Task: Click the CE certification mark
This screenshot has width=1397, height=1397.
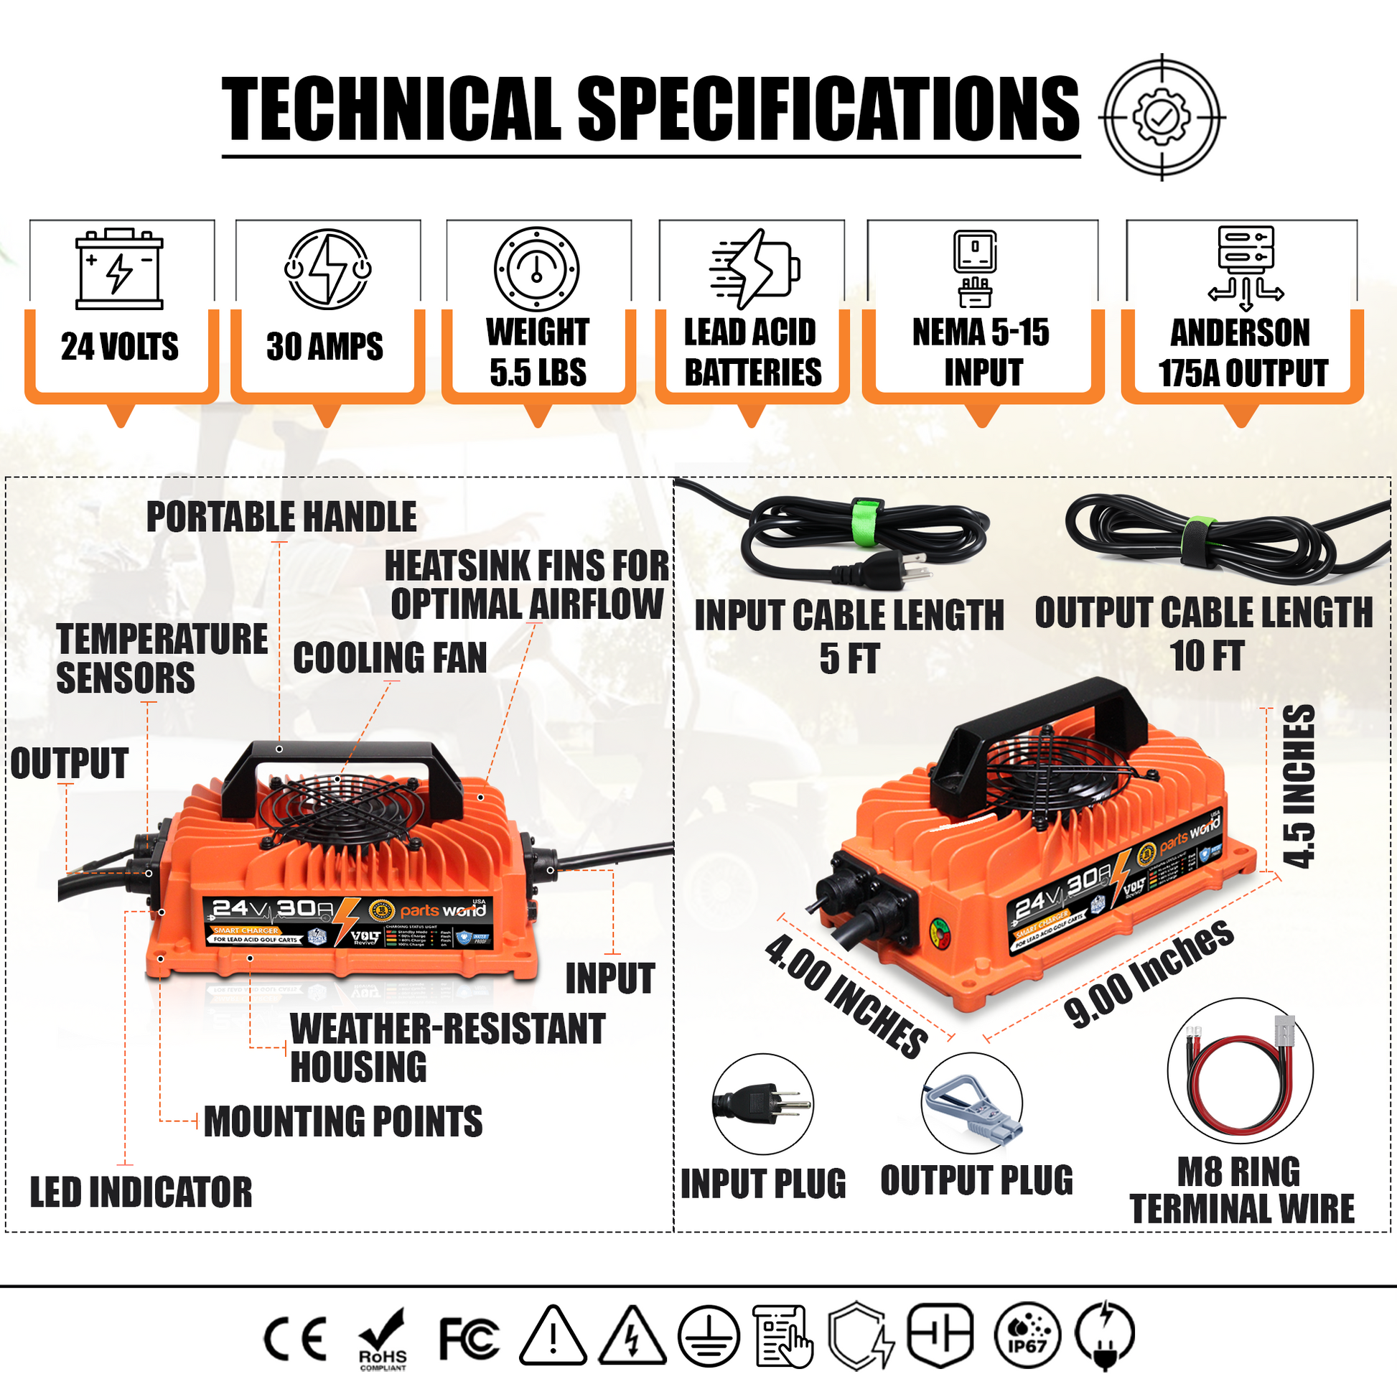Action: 295,1338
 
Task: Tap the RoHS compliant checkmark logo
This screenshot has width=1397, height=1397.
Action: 383,1338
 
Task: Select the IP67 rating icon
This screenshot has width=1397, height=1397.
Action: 1027,1337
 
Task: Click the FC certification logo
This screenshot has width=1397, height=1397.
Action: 469,1338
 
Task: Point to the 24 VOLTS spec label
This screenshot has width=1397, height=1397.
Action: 120,346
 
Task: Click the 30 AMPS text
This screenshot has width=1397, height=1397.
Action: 324,346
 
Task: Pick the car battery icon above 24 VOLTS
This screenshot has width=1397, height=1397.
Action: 119,269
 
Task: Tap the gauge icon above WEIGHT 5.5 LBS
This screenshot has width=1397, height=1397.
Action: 536,269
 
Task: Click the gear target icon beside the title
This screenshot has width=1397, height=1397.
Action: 1162,117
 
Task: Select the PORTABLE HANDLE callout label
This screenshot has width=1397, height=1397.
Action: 281,517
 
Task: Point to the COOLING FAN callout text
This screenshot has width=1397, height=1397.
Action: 390,658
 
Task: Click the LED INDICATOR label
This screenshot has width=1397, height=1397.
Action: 141,1192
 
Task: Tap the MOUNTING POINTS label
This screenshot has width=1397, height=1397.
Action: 342,1121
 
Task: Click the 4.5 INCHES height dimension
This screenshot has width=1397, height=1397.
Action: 1299,786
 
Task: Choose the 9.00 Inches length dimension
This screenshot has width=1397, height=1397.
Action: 1149,974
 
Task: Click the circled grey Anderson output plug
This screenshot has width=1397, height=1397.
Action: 971,1103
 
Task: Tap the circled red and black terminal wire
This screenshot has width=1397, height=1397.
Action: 1240,1070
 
